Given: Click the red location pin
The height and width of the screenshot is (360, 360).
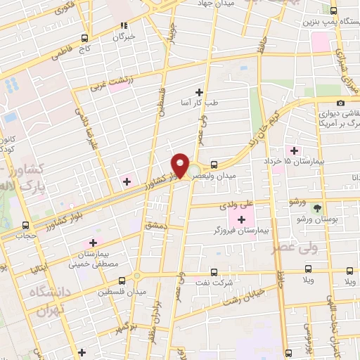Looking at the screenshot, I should click(181, 165).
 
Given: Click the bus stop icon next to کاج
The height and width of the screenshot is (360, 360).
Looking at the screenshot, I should click(84, 37).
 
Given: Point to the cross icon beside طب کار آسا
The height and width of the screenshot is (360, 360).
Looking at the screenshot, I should click(200, 92).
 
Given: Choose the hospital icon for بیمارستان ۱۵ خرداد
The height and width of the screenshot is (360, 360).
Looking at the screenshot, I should click(294, 150).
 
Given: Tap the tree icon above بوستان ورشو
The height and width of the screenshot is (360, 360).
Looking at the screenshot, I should click(317, 208).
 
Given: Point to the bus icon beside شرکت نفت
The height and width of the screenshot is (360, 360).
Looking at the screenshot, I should click(213, 271).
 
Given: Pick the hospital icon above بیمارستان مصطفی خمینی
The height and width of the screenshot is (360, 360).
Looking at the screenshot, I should click(92, 243).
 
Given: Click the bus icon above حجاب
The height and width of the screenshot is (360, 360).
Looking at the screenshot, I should click(27, 226).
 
